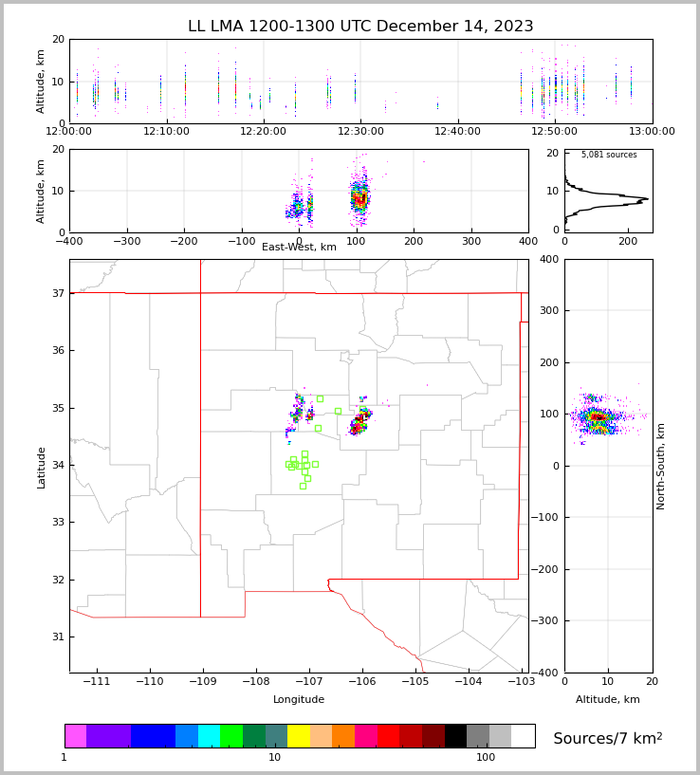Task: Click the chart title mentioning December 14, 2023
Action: click(x=360, y=27)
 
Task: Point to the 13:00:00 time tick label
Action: click(x=652, y=131)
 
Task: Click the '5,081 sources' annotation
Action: click(x=609, y=155)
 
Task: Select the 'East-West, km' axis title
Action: click(x=299, y=248)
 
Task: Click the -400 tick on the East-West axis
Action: click(x=69, y=241)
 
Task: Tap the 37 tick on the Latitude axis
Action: click(x=57, y=294)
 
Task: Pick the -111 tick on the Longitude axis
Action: click(x=97, y=681)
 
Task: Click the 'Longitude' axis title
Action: click(x=299, y=699)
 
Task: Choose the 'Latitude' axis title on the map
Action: click(x=42, y=467)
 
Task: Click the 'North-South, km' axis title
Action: click(x=661, y=466)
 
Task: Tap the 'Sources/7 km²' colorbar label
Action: click(x=608, y=738)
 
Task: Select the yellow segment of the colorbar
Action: click(x=299, y=736)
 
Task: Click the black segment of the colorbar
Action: click(x=455, y=736)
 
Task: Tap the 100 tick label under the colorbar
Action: click(x=486, y=757)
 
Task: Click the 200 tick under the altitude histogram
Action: click(x=627, y=241)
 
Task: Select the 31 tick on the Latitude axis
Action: click(x=57, y=637)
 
